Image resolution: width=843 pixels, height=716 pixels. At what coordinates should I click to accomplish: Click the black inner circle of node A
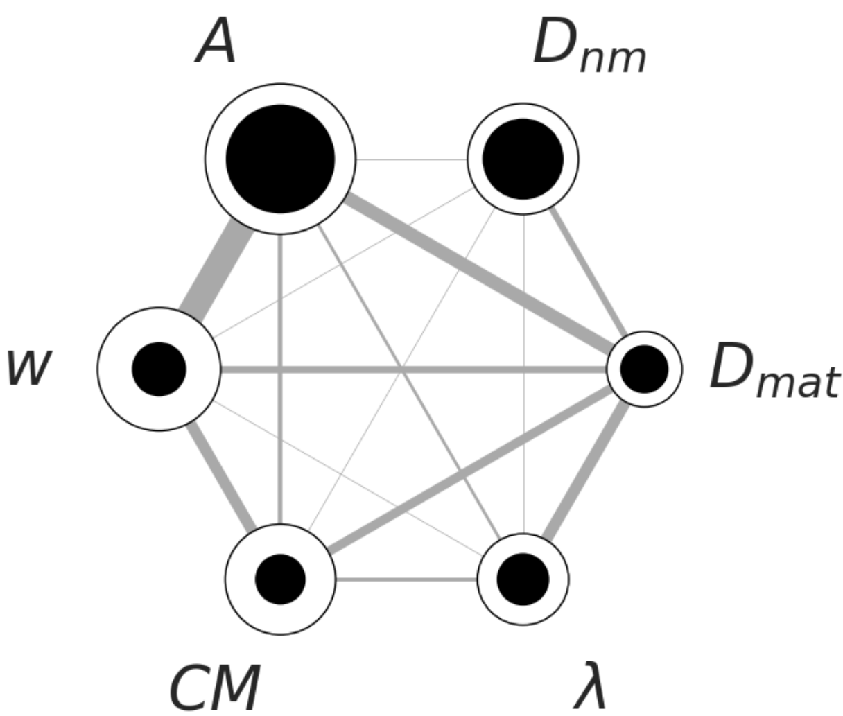pyautogui.click(x=280, y=159)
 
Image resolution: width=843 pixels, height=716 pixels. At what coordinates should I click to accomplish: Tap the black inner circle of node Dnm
pyautogui.click(x=523, y=159)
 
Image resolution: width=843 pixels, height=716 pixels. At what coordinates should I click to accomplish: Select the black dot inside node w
pyautogui.click(x=159, y=369)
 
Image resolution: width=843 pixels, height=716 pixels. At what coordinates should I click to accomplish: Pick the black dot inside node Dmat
pyautogui.click(x=644, y=369)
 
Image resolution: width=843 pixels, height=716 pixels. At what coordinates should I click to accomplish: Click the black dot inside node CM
pyautogui.click(x=280, y=578)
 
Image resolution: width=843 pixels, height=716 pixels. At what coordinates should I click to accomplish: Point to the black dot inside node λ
pyautogui.click(x=523, y=578)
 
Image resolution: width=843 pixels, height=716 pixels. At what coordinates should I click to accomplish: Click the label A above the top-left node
pyautogui.click(x=217, y=43)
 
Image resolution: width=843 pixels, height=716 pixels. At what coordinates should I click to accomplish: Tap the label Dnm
pyautogui.click(x=589, y=47)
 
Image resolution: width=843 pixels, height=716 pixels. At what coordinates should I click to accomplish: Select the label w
pyautogui.click(x=28, y=367)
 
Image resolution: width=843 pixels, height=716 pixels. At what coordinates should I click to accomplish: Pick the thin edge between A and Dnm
pyautogui.click(x=412, y=159)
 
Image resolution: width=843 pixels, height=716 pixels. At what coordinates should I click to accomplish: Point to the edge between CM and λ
pyautogui.click(x=406, y=579)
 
